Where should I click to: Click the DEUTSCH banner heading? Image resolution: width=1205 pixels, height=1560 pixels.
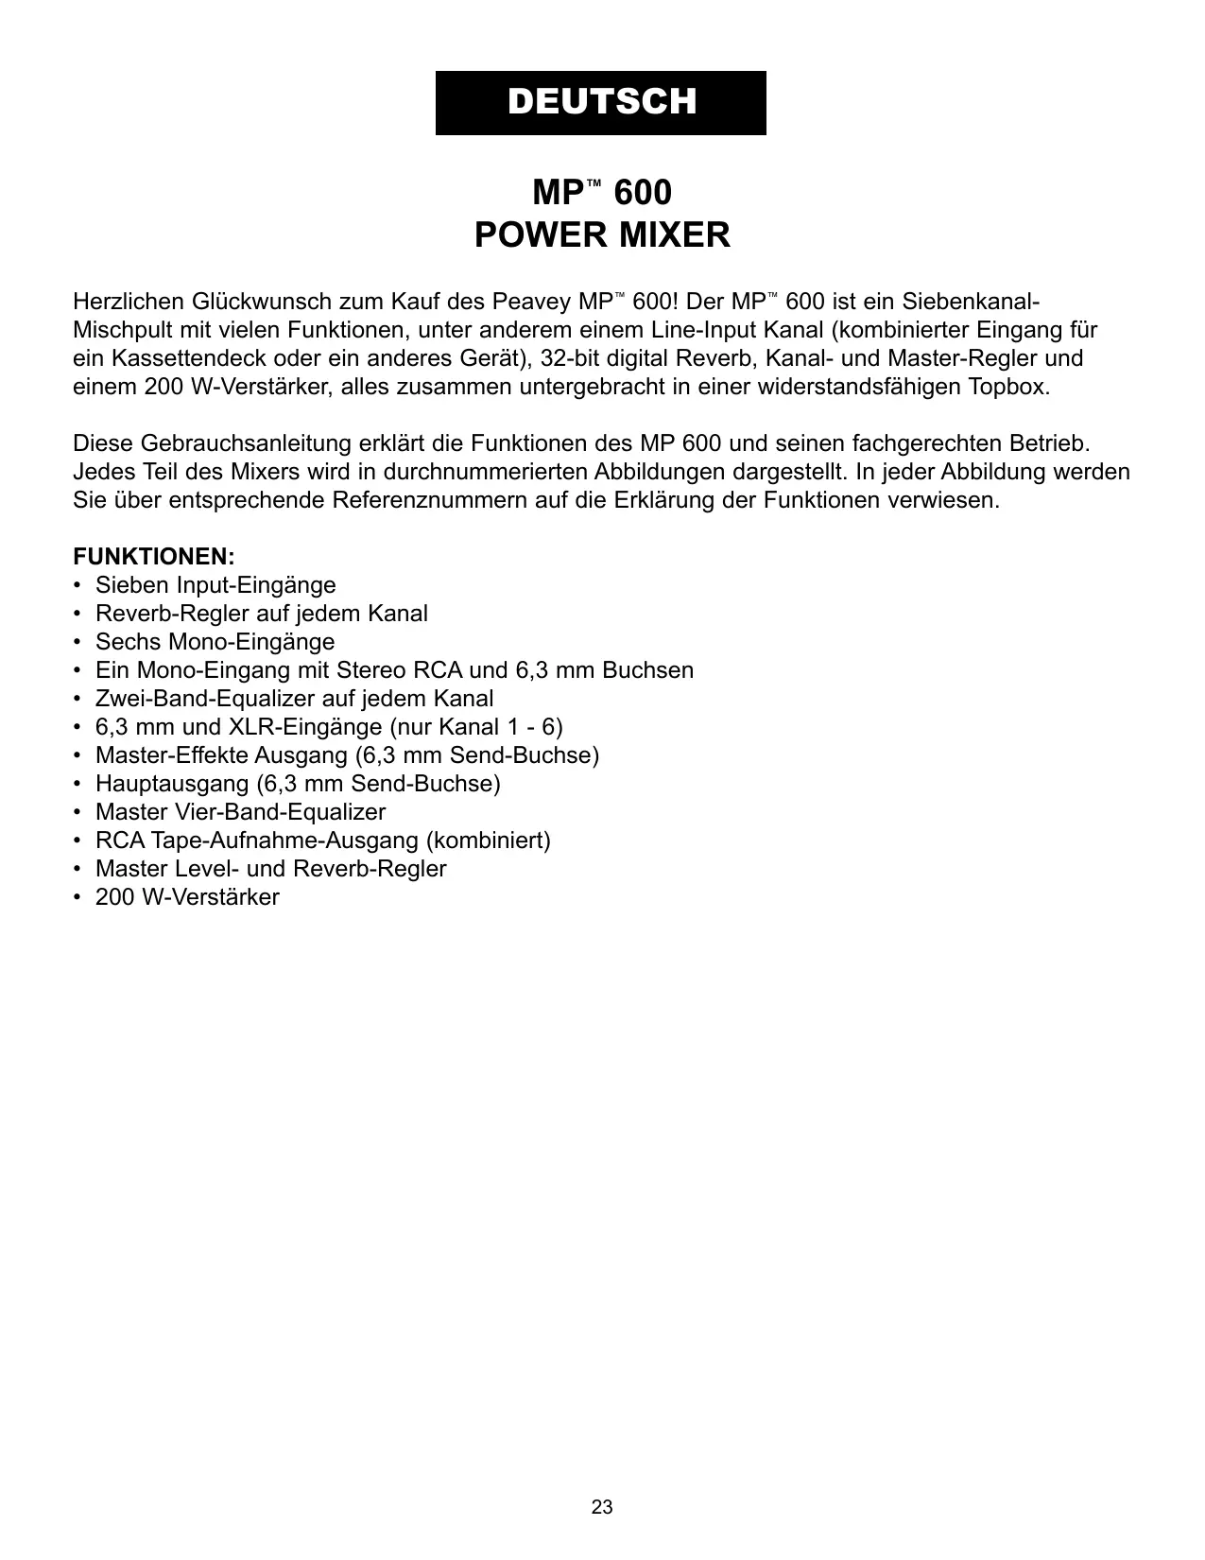point(601,102)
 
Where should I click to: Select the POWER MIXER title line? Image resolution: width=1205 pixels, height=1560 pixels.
point(602,234)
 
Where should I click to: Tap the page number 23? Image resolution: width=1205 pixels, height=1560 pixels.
point(602,1507)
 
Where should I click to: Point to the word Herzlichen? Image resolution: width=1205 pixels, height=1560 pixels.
point(129,302)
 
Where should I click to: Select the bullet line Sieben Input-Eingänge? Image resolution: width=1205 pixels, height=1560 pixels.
point(215,585)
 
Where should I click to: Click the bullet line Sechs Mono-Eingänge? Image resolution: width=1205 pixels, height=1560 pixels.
point(215,642)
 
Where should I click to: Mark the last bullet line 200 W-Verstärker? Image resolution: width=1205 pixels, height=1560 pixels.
point(187,897)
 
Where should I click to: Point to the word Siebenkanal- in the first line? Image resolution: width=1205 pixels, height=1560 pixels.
point(971,302)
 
